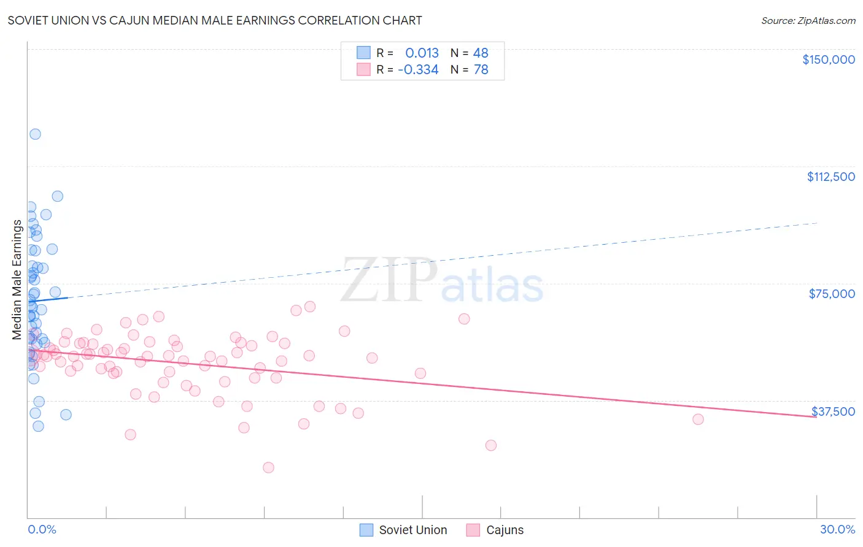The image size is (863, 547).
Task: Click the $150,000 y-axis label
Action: point(828,59)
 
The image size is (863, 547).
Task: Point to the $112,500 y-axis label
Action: point(830,177)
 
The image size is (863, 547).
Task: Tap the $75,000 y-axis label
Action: point(832,294)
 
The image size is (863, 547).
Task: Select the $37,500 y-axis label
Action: point(833,411)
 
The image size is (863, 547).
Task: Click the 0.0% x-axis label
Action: point(42,529)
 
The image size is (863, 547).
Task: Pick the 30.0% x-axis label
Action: point(837,529)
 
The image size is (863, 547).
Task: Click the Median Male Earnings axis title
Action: point(17,280)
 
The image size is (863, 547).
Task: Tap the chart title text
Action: point(215,20)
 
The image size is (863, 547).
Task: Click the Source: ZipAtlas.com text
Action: point(808,20)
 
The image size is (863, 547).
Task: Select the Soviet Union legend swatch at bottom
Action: point(366,530)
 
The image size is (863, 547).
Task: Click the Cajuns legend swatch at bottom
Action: point(473,530)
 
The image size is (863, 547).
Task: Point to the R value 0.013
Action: point(422,53)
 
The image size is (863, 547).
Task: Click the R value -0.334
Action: point(418,70)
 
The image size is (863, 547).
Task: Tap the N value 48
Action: point(481,53)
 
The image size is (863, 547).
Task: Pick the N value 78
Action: point(481,70)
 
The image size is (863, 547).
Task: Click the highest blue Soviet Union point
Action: point(35,134)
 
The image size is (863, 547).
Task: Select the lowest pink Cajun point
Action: point(268,467)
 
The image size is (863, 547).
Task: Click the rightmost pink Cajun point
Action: point(698,419)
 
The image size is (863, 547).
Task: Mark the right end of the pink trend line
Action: point(816,417)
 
